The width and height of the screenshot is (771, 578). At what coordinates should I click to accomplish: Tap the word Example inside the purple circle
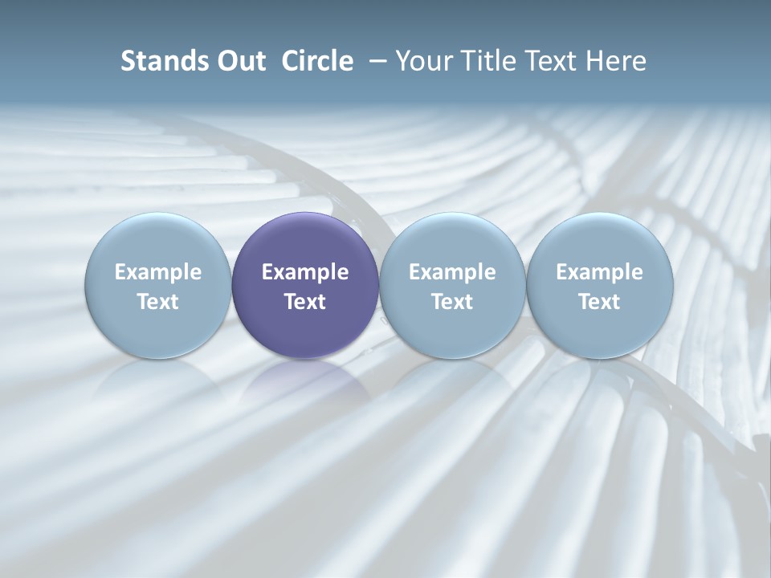click(x=305, y=272)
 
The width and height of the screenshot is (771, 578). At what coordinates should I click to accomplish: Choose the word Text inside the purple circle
click(x=305, y=302)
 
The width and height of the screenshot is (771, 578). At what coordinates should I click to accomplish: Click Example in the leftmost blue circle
click(x=158, y=272)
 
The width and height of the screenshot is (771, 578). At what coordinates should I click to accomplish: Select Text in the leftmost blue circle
click(x=158, y=302)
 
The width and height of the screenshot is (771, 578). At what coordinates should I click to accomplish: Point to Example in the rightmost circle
click(x=599, y=272)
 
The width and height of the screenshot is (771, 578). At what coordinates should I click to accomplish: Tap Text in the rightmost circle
click(x=599, y=302)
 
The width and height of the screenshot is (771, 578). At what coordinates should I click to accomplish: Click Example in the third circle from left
click(x=452, y=272)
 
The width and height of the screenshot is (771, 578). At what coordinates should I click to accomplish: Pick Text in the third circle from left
click(x=452, y=302)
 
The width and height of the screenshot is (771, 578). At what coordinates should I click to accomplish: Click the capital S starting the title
click(x=127, y=61)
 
